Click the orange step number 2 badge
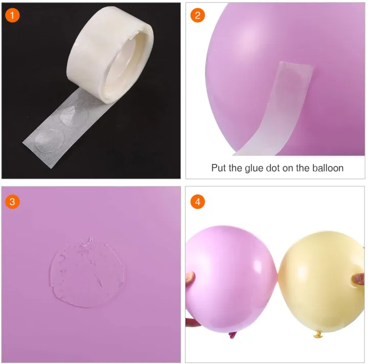[198, 15]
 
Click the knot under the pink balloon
[233, 336]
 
